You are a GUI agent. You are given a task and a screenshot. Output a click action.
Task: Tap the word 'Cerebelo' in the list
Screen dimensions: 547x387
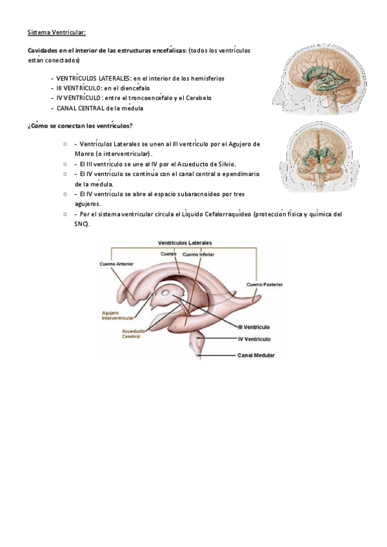pyautogui.click(x=197, y=98)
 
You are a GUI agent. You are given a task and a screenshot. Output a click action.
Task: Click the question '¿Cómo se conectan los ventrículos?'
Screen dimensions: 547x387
pyautogui.click(x=81, y=125)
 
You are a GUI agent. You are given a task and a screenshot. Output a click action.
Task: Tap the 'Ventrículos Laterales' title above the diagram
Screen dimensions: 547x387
pyautogui.click(x=185, y=243)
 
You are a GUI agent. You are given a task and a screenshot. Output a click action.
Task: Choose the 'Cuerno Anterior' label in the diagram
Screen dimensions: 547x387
pyautogui.click(x=117, y=264)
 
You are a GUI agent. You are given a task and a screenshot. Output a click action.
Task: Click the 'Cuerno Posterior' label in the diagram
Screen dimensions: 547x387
pyautogui.click(x=264, y=284)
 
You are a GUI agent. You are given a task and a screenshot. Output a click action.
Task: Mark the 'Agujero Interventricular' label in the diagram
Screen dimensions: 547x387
pyautogui.click(x=118, y=315)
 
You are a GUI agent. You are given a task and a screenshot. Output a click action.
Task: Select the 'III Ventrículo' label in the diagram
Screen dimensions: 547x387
pyautogui.click(x=253, y=327)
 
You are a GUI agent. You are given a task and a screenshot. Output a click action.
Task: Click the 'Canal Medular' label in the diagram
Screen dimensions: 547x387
pyautogui.click(x=256, y=355)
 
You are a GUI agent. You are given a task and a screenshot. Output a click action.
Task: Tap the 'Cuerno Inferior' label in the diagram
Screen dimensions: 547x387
pyautogui.click(x=199, y=254)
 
